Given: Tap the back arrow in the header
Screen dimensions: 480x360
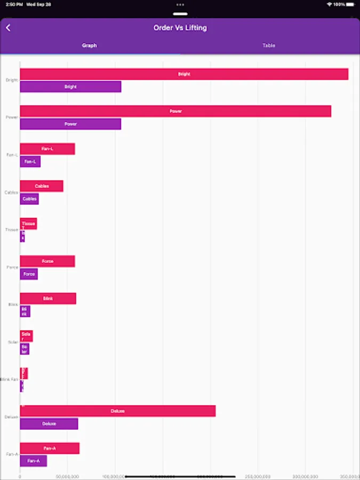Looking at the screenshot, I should point(8,28).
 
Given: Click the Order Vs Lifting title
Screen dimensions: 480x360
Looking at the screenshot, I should point(180,28).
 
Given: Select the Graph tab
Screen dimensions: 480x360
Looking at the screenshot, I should point(90,46).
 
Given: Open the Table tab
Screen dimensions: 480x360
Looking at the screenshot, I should point(269,46).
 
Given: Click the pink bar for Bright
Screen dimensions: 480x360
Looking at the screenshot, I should point(184,74).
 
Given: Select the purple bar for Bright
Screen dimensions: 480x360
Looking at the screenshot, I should point(70,86).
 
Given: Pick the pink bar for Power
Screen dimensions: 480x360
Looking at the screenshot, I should point(175,111).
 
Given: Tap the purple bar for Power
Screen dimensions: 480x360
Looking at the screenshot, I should point(70,124).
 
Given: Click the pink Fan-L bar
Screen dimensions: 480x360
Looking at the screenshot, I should point(47,149).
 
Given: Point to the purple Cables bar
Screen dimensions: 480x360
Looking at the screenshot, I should point(29,199).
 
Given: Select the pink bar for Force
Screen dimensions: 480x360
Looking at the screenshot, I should point(47,261).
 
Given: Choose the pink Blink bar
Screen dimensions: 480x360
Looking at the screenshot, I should point(48,299).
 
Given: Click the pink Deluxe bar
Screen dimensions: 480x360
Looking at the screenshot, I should point(118,411).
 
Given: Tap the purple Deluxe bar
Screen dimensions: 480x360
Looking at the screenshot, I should point(49,423).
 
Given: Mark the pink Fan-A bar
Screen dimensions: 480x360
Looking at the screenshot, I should point(50,449).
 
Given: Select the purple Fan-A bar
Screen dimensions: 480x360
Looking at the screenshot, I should point(34,461).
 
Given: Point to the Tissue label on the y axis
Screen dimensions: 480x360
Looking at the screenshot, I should point(12,230).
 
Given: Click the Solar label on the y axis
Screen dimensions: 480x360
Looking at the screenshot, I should point(13,342).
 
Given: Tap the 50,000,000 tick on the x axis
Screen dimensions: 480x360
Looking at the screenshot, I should point(67,476).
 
